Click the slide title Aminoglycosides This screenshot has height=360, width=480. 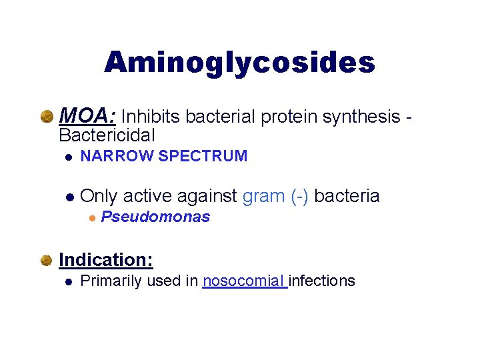coord(239,63)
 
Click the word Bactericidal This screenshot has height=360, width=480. coord(107,135)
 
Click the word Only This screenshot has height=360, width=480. coord(99,196)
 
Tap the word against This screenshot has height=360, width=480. coord(205,196)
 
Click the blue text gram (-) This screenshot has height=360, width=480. coord(275,196)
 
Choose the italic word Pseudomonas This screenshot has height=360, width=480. coord(155,217)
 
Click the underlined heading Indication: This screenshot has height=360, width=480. coord(106,259)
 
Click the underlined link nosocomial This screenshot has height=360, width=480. coord(243,281)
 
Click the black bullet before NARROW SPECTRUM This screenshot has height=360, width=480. coord(68,157)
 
